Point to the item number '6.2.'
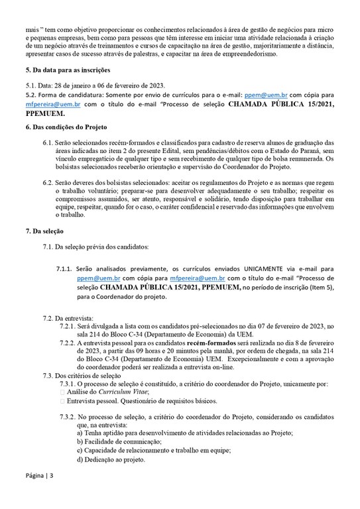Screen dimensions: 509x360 pos(49,182)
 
